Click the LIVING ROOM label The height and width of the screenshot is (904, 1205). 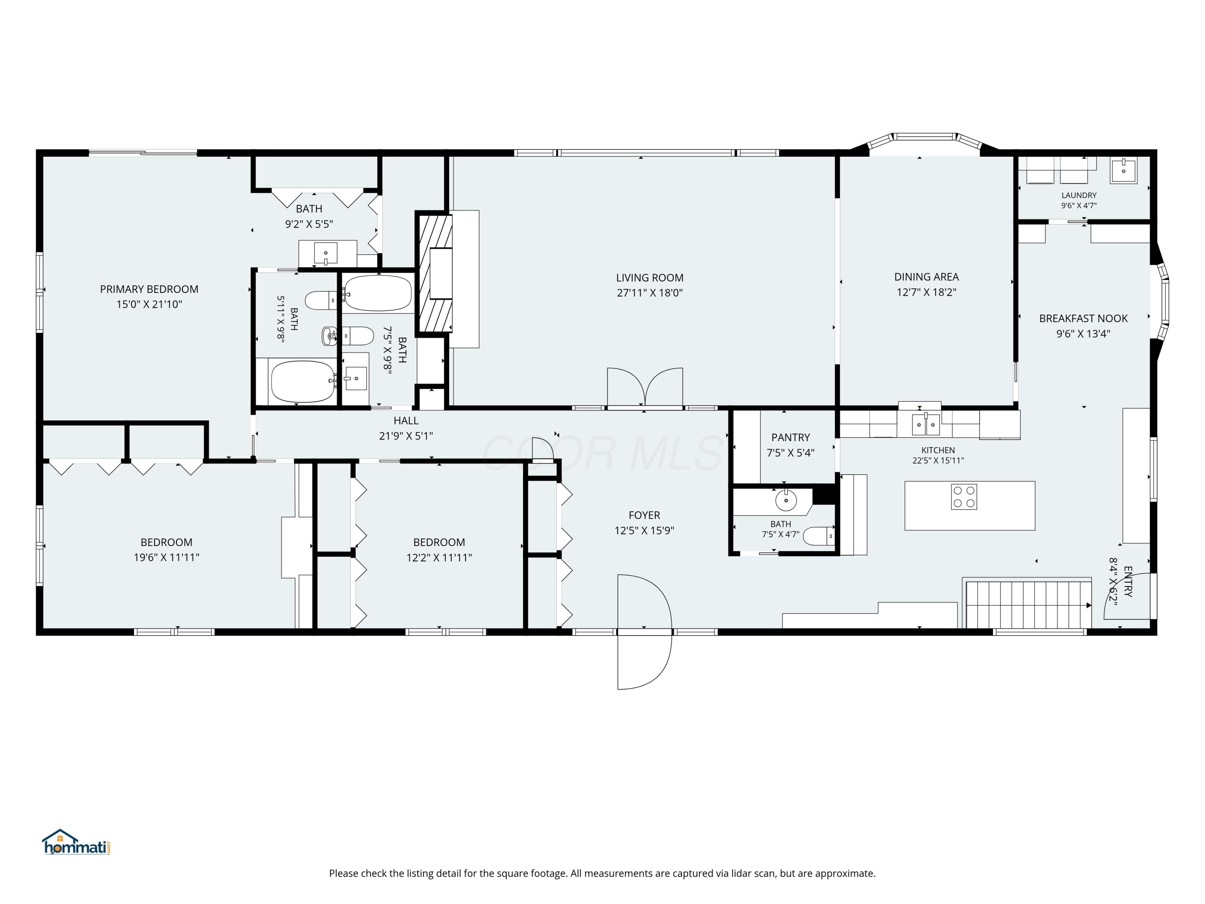coord(649,278)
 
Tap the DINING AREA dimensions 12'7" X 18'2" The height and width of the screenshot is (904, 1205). coord(926,292)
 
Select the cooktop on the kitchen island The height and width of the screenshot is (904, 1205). coord(964,497)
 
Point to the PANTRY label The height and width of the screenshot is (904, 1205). coord(790,438)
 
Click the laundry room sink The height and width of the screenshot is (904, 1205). coord(1123,171)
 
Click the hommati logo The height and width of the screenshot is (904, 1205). coord(76,843)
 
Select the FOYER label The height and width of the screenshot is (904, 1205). coord(644,515)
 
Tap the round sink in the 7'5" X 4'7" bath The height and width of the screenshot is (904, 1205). coord(786,500)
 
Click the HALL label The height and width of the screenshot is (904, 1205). coord(406,421)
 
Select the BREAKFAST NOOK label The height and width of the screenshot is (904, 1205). coord(1083,319)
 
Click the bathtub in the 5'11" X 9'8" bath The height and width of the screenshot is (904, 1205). coord(303,381)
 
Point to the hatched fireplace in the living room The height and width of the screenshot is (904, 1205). coord(435,273)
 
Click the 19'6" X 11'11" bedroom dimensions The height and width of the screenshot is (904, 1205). coord(166,557)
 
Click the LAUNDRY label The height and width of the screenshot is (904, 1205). coord(1078,195)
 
